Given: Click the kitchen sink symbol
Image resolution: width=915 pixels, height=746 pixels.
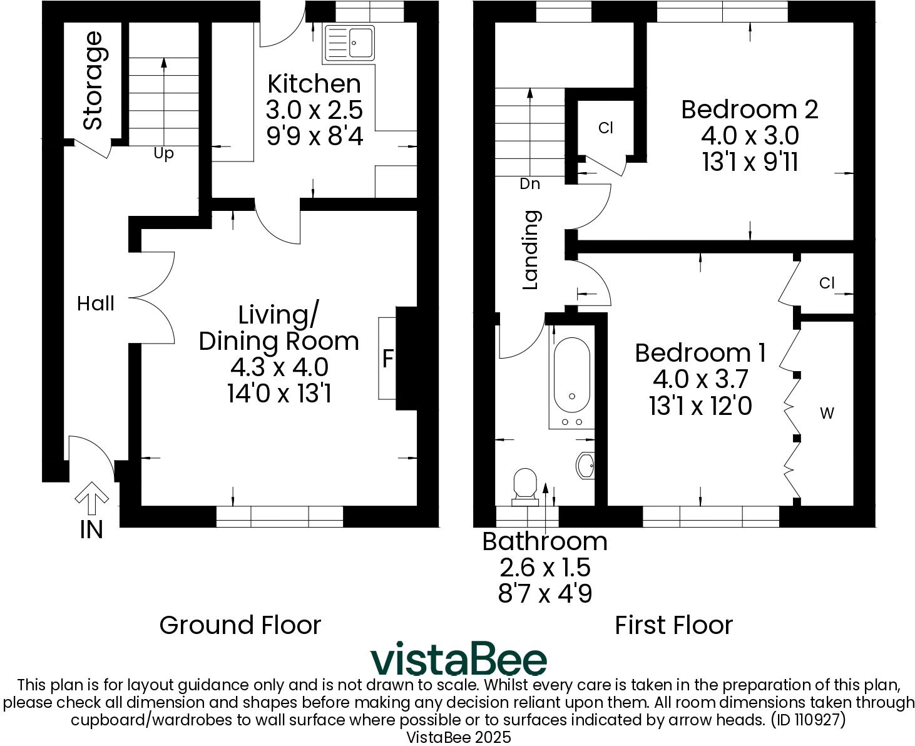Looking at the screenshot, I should point(350,43).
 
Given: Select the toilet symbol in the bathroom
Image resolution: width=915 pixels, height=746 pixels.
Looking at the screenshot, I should point(525,487).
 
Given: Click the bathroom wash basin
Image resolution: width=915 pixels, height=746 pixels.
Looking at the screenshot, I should point(585,465).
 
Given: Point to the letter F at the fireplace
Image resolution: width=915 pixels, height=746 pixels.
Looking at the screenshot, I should point(388,359).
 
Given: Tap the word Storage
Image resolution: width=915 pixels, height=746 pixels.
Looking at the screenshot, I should point(93,81).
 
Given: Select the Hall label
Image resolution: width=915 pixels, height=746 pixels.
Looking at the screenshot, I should point(96,304).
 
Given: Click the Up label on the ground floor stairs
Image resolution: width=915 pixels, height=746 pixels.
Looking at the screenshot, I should point(163,153).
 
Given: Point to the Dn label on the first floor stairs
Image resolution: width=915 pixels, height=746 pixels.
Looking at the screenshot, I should point(529,184).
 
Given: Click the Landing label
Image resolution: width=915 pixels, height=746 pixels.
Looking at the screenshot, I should point(531,250).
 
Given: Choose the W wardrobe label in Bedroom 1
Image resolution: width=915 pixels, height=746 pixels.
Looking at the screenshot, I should point(827,413).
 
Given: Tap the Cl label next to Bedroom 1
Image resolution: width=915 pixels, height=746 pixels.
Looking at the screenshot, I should point(827,284).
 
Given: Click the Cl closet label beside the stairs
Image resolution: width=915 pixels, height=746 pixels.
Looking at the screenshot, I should point(605,128).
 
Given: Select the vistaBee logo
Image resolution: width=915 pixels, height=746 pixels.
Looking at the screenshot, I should point(458,660).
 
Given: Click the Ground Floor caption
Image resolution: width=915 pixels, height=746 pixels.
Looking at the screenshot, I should point(240,625).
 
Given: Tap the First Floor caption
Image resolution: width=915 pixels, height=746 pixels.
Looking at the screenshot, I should point(673,625).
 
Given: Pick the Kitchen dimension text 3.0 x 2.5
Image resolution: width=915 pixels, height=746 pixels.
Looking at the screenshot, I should point(314,110).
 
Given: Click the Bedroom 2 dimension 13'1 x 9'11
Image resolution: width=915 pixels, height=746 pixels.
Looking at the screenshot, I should point(750,163).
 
